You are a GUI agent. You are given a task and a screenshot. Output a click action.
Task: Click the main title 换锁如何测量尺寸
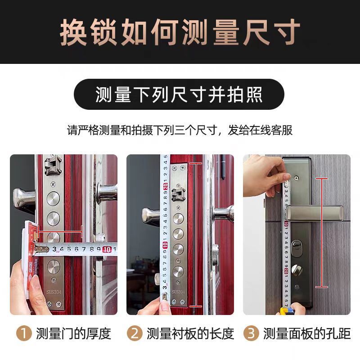coord(180,32)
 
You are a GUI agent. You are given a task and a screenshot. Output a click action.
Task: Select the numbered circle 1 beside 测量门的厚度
coord(23,333)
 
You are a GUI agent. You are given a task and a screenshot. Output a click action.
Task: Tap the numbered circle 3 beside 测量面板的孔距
coord(251,333)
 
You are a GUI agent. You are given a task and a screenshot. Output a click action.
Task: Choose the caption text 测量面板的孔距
coord(307,333)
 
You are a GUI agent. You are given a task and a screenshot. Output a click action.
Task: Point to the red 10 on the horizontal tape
coord(107,248)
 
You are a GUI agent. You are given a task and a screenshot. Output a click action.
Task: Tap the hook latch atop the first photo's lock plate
coord(53,165)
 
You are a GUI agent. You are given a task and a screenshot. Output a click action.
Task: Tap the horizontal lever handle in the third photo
coord(315,211)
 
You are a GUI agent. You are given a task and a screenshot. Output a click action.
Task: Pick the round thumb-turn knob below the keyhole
coord(297,270)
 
